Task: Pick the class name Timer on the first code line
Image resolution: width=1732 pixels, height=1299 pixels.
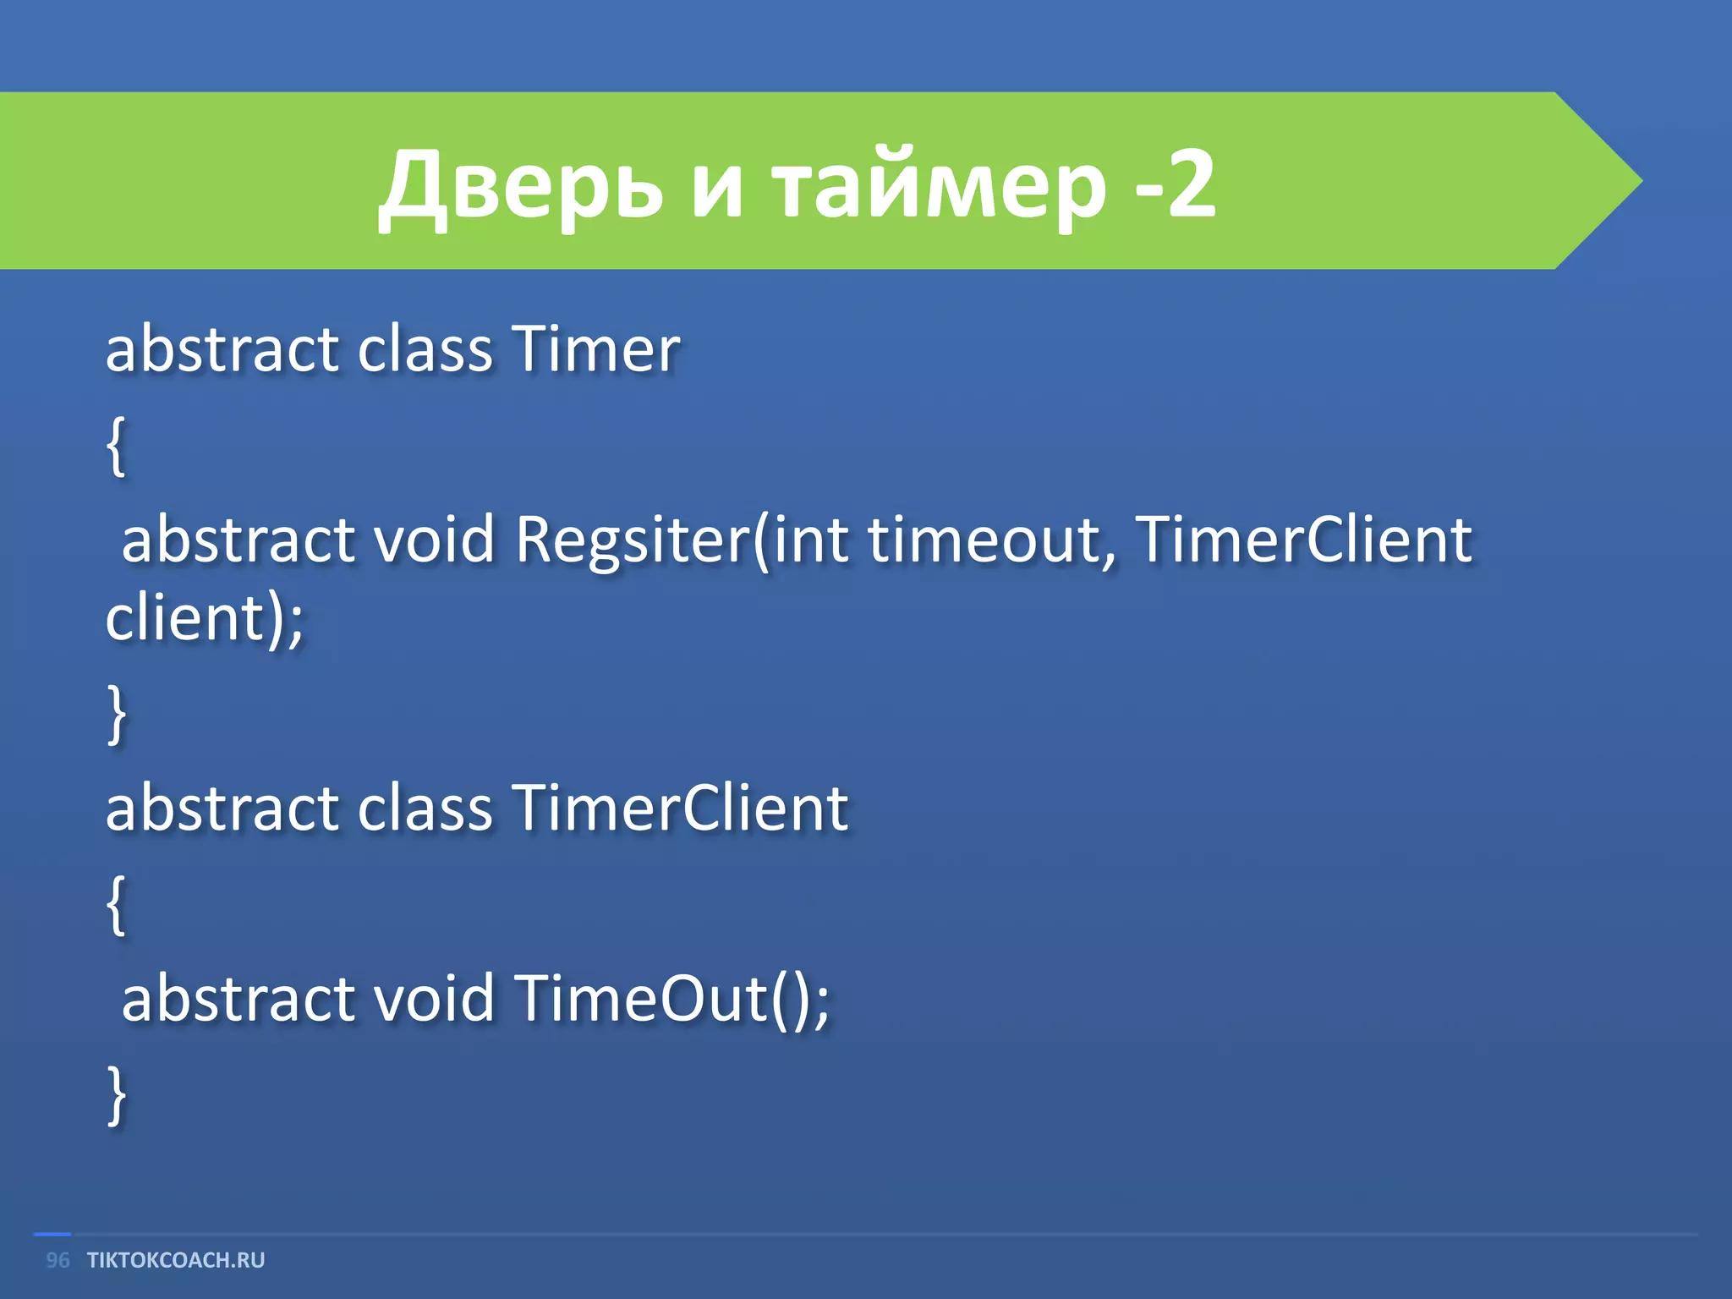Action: (x=595, y=348)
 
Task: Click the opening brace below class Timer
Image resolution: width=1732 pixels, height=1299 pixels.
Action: (x=117, y=447)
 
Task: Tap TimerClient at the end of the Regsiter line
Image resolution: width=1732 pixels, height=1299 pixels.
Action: (x=1302, y=539)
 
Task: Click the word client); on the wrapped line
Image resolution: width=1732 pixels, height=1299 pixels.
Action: (x=204, y=619)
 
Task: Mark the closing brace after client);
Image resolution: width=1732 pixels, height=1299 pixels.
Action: (x=117, y=715)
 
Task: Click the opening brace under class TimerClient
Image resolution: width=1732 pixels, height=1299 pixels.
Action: (x=117, y=905)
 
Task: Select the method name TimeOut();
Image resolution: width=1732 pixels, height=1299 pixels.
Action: (x=671, y=999)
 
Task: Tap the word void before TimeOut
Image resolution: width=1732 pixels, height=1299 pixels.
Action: (x=434, y=999)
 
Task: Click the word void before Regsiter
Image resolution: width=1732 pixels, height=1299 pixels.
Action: (x=434, y=540)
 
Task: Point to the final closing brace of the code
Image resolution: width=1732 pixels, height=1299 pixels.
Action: (x=117, y=1095)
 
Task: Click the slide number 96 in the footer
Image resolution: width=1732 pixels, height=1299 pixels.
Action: (x=58, y=1260)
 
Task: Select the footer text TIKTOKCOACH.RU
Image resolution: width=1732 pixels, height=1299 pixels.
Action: (x=176, y=1260)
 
